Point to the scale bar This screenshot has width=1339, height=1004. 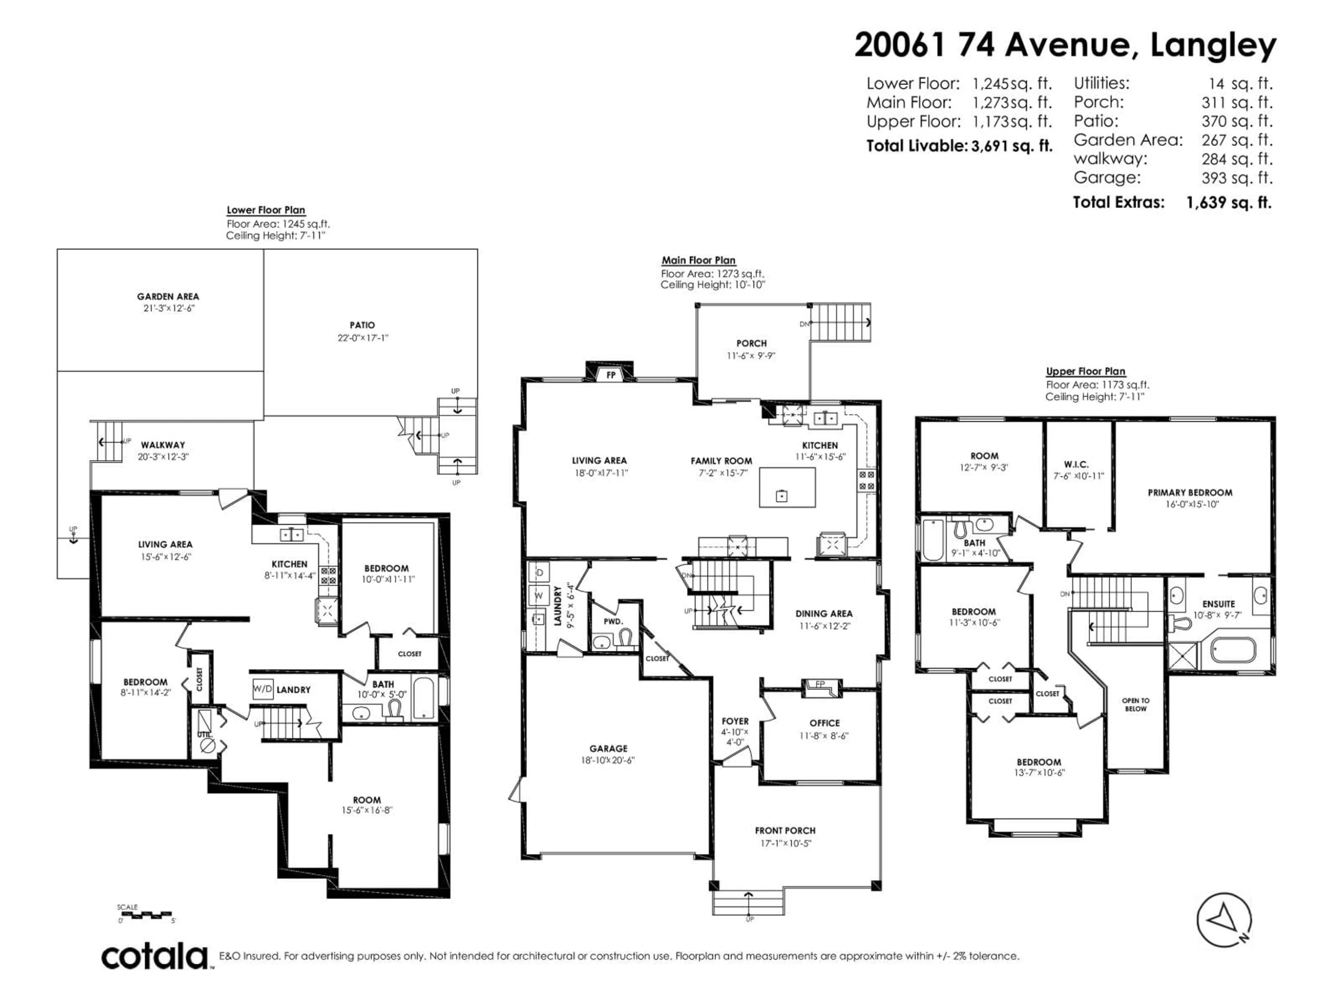click(x=145, y=914)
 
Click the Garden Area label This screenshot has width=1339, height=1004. click(x=168, y=297)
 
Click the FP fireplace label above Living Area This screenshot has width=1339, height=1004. click(x=611, y=375)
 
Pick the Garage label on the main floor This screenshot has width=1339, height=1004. click(x=608, y=748)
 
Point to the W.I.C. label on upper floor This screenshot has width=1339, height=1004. click(x=1076, y=464)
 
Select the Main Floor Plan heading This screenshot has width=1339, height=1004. click(x=698, y=260)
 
